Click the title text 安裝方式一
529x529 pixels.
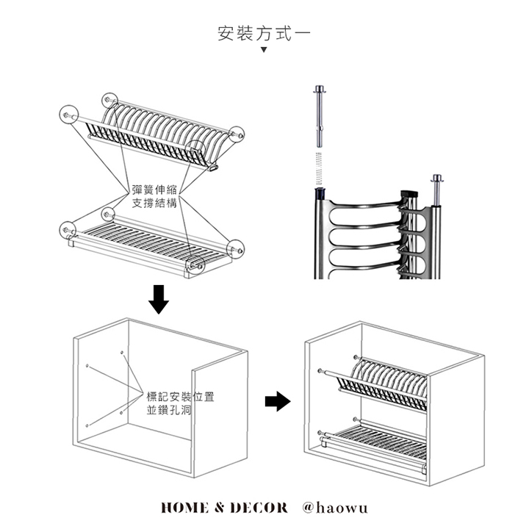(264, 34)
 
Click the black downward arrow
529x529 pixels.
(159, 298)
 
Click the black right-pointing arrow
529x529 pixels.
(277, 401)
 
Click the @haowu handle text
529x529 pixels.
(335, 508)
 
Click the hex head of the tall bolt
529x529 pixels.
(320, 89)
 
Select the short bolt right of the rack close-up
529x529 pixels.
(437, 190)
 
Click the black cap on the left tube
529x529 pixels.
(320, 194)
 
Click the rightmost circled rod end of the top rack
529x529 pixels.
(236, 134)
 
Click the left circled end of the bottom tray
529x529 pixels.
(68, 229)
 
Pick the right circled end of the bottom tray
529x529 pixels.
(236, 247)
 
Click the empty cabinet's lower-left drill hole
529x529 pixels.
(87, 425)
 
